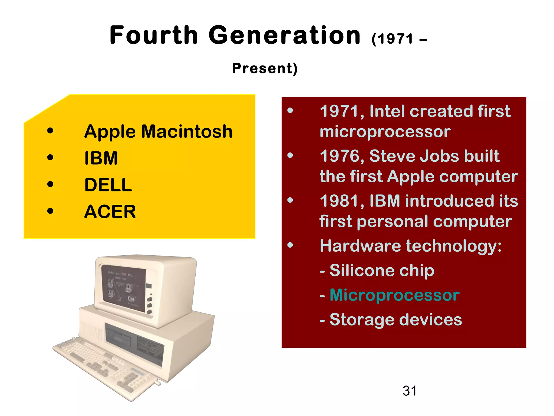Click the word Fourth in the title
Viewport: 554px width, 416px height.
[154, 35]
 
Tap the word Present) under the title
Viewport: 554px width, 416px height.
[265, 68]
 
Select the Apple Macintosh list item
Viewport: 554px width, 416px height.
[158, 132]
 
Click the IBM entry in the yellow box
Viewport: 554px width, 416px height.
[101, 158]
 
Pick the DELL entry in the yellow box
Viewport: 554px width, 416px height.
[108, 185]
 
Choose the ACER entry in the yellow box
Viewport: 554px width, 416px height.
[110, 212]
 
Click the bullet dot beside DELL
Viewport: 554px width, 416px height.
[50, 184]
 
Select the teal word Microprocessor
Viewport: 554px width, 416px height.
[394, 295]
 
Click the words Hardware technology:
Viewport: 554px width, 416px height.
[410, 246]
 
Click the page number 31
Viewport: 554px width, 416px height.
[410, 391]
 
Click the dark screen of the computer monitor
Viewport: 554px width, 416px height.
[123, 287]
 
